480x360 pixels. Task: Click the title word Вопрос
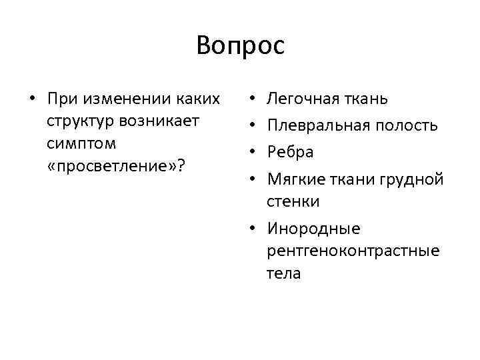pyautogui.click(x=240, y=46)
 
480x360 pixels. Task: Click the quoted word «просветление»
pyautogui.click(x=111, y=165)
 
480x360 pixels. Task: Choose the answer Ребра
pyautogui.click(x=290, y=151)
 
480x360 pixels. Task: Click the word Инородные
pyautogui.click(x=313, y=229)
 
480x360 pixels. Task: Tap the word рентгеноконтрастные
pyautogui.click(x=353, y=251)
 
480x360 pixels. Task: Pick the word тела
pyautogui.click(x=284, y=273)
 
